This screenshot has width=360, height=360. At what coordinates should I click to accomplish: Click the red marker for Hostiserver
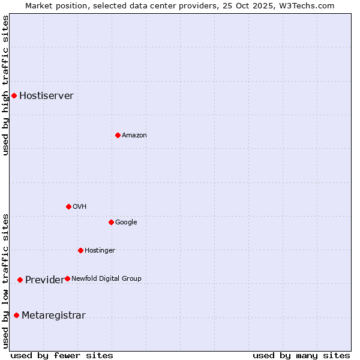pyautogui.click(x=14, y=95)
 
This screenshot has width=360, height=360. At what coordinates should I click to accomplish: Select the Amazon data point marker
pyautogui.click(x=118, y=135)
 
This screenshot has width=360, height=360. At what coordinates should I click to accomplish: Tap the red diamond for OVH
pyautogui.click(x=68, y=206)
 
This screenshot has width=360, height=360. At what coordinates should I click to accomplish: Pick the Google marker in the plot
pyautogui.click(x=111, y=222)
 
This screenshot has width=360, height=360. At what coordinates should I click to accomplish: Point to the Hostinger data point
pyautogui.click(x=80, y=250)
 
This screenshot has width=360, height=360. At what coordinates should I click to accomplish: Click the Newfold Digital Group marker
pyautogui.click(x=67, y=278)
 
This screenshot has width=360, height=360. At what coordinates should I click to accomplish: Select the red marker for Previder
pyautogui.click(x=20, y=280)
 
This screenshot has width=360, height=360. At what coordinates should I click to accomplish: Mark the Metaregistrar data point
pyautogui.click(x=16, y=315)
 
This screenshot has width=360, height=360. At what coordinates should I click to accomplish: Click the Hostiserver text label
pyautogui.click(x=46, y=96)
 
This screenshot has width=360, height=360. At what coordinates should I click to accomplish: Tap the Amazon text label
pyautogui.click(x=134, y=136)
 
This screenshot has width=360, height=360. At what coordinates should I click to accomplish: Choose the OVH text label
pyautogui.click(x=79, y=207)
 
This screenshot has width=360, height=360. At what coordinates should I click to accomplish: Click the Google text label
pyautogui.click(x=126, y=223)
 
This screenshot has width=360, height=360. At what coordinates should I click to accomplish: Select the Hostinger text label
pyautogui.click(x=100, y=251)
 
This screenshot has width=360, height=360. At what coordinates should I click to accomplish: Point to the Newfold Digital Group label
pyautogui.click(x=106, y=279)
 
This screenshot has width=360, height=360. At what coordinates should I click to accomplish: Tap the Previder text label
pyautogui.click(x=44, y=280)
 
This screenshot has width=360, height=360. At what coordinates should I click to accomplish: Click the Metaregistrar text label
pyautogui.click(x=53, y=316)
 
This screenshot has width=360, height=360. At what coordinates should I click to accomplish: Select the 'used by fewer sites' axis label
pyautogui.click(x=62, y=355)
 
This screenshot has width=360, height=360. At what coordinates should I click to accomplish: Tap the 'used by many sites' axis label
pyautogui.click(x=301, y=355)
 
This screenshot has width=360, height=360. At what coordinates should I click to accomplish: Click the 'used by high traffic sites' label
pyautogui.click(x=5, y=85)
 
